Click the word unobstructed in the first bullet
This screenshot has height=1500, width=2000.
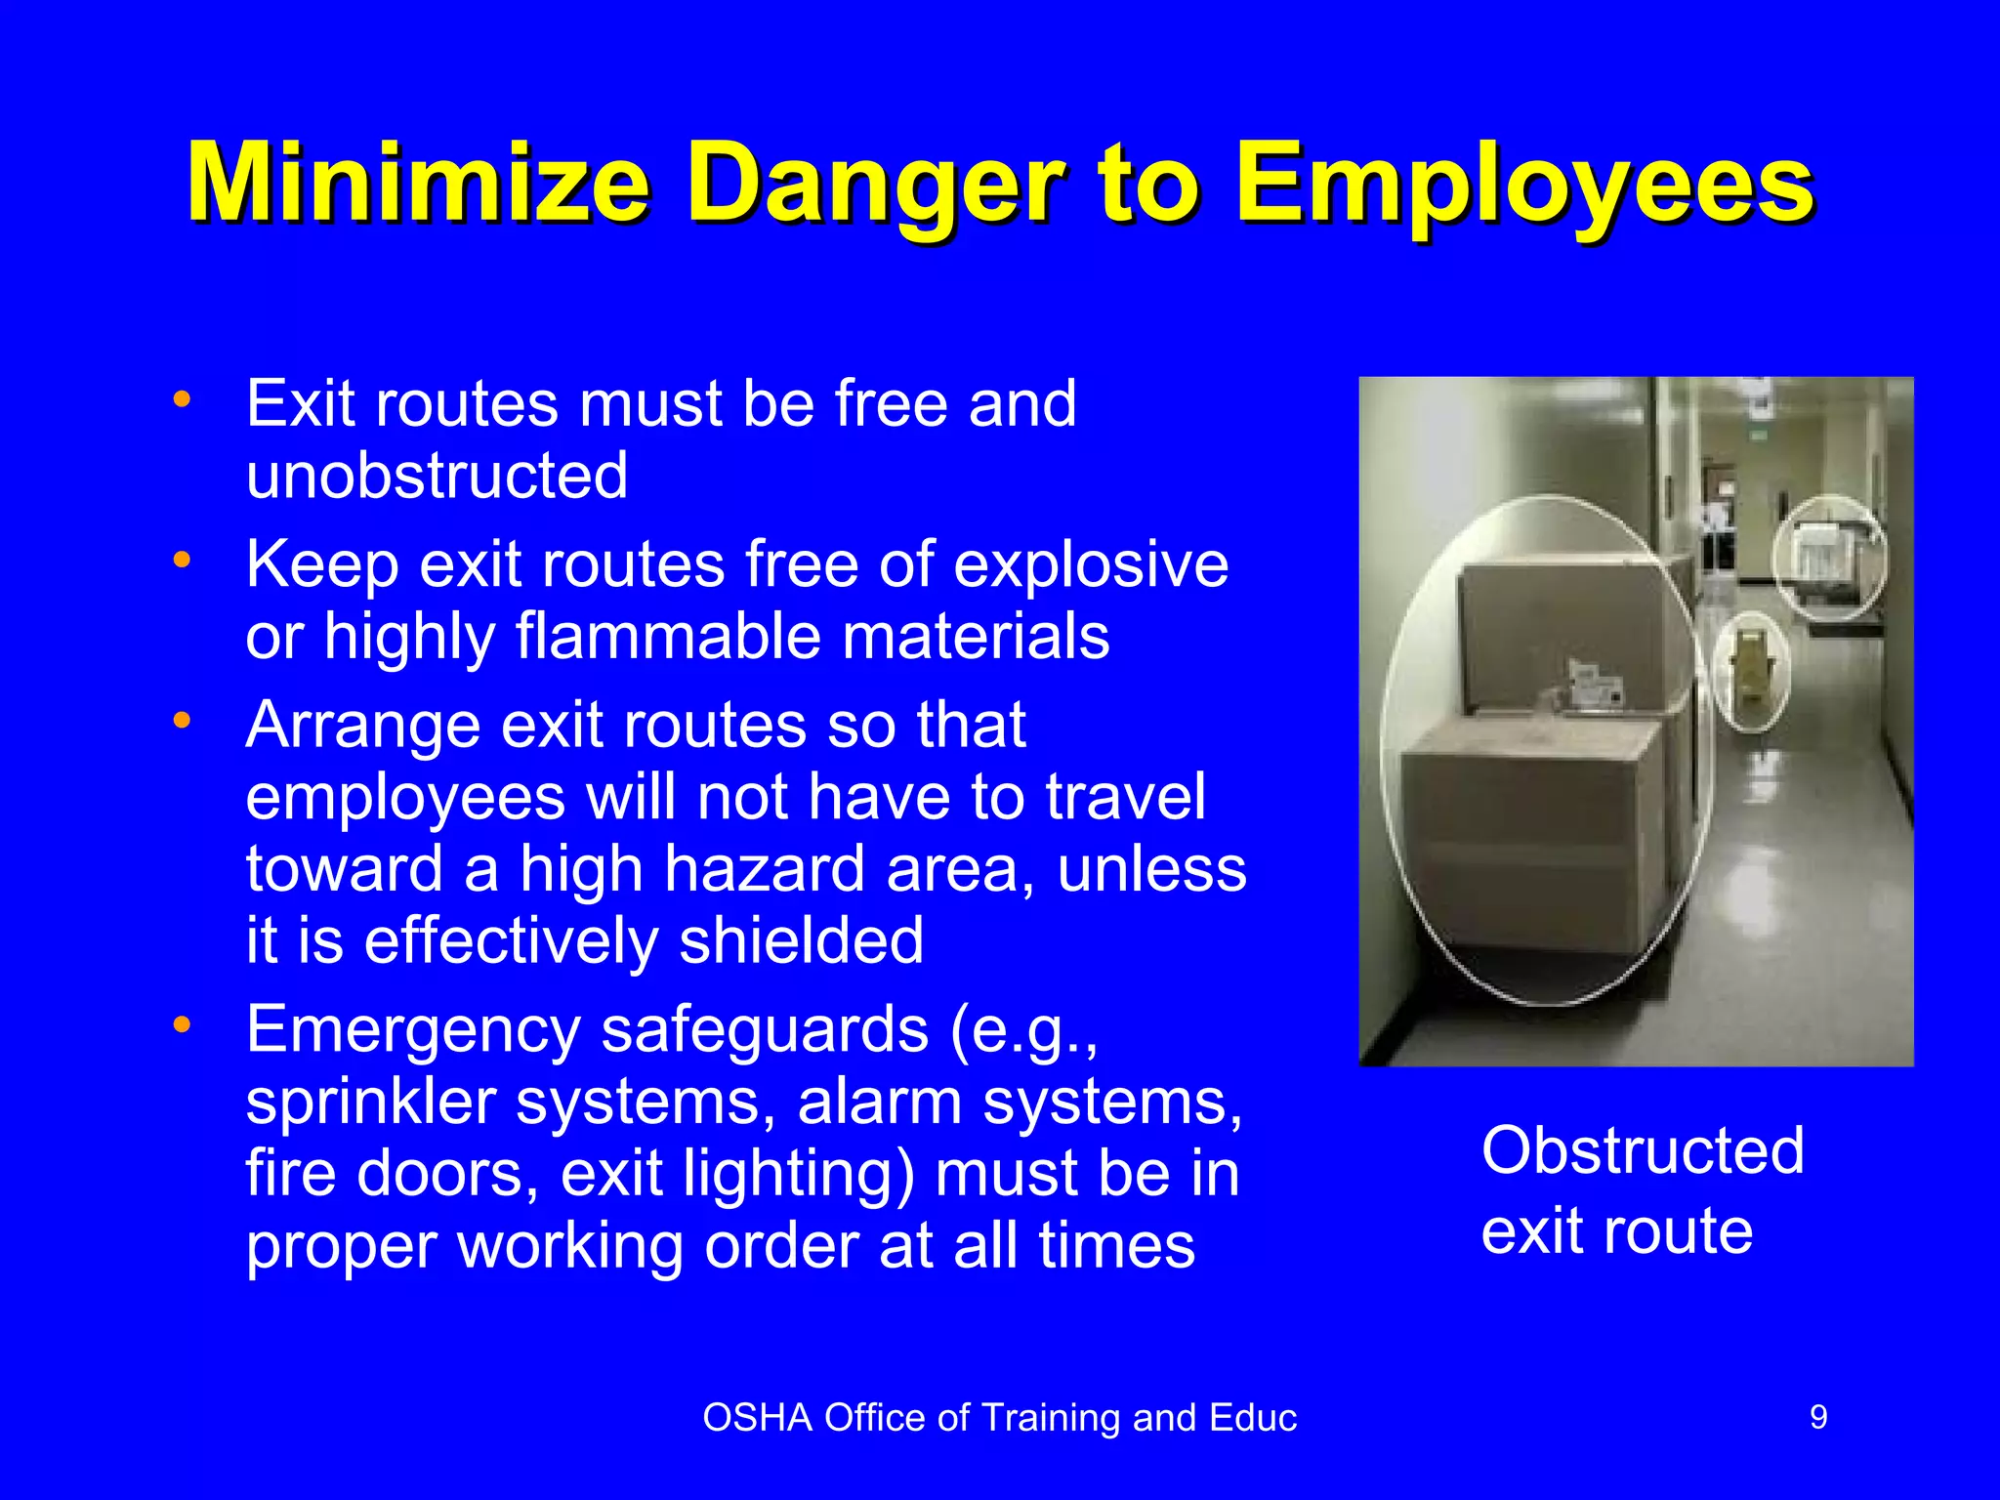point(437,476)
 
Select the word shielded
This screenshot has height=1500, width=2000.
point(801,940)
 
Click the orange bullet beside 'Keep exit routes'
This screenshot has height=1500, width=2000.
point(182,561)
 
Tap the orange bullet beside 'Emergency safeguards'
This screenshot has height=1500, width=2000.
point(182,1024)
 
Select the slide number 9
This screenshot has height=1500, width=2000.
point(1818,1417)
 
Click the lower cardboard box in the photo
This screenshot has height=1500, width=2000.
point(1533,840)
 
